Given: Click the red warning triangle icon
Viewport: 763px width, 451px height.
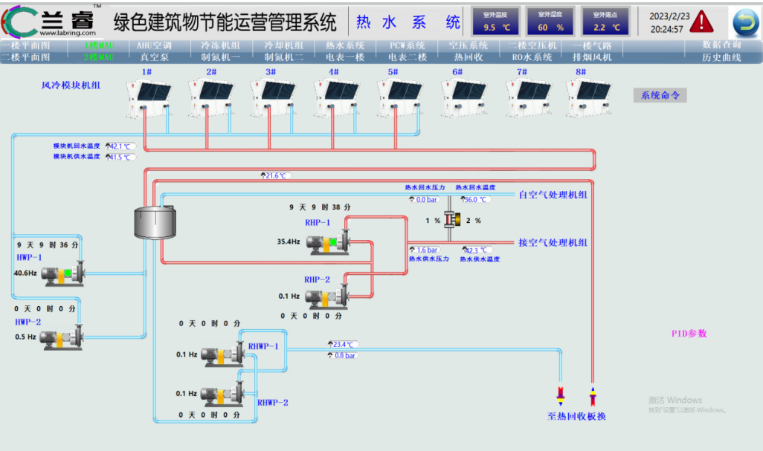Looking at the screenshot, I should [701, 22].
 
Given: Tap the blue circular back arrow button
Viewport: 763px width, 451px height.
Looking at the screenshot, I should [744, 22].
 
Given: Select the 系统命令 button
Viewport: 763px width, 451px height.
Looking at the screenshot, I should [660, 95].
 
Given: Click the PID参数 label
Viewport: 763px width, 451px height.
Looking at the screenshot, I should [689, 334].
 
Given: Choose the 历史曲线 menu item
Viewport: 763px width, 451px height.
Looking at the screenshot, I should [721, 57].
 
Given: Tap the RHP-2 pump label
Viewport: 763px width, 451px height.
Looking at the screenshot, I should [317, 279].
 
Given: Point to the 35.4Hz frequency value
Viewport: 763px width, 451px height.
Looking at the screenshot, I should [289, 241].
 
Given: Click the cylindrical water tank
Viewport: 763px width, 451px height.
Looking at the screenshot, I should [155, 221].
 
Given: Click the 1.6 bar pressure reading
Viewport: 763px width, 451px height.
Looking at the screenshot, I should [425, 250].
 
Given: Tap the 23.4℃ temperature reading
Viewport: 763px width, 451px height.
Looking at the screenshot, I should [342, 344].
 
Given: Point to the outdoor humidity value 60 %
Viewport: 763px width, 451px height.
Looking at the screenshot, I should [550, 27].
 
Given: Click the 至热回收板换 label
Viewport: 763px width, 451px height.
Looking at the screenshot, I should [576, 416].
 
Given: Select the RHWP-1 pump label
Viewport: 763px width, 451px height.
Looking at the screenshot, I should [263, 346].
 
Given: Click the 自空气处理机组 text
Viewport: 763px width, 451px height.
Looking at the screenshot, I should [553, 195].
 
